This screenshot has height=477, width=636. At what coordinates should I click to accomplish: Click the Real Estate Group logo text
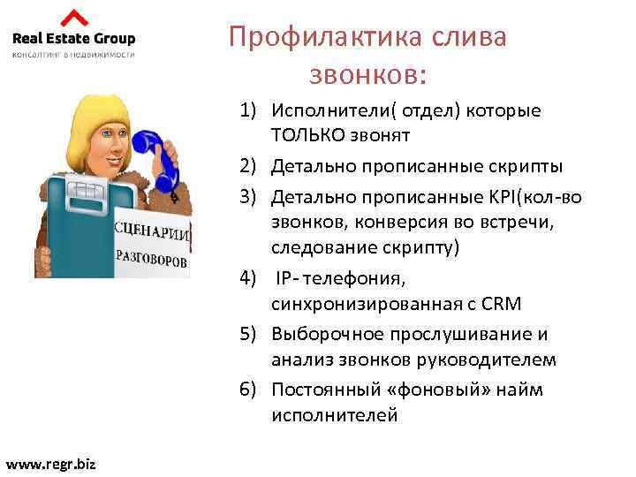[74, 38]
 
